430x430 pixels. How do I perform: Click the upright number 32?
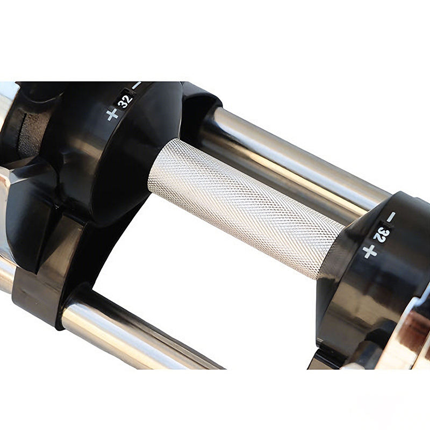[125, 101]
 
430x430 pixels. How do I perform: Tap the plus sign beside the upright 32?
[112, 114]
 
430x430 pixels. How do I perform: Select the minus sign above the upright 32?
[137, 85]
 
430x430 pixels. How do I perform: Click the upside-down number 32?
[382, 234]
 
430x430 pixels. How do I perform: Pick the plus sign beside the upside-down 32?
[369, 252]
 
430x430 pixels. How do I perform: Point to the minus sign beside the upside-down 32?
[391, 217]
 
